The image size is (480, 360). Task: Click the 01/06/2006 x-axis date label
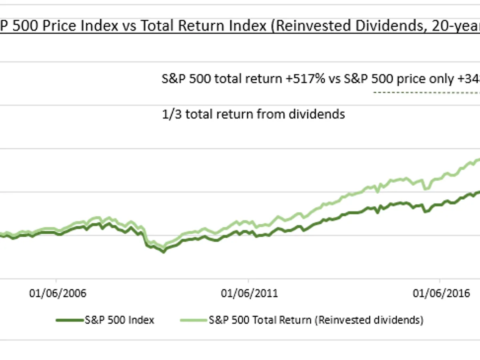(58, 293)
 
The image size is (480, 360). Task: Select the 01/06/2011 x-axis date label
(249, 293)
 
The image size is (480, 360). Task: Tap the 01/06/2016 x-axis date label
(441, 293)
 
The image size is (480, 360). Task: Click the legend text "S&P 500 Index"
(119, 320)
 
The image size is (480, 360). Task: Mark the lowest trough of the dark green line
(163, 252)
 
